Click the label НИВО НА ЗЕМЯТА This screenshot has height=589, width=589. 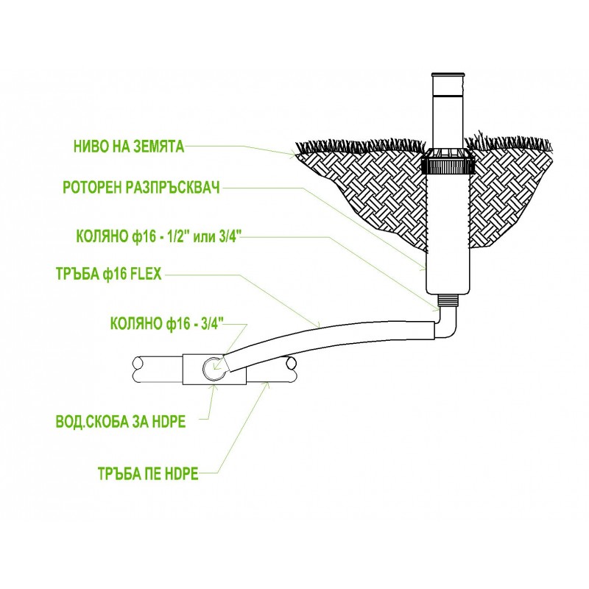[129, 147]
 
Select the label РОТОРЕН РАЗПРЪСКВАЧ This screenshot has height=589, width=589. [141, 188]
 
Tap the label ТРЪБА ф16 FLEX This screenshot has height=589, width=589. [108, 274]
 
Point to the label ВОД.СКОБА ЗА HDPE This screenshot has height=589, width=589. [121, 422]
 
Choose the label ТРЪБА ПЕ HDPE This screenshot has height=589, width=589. [148, 473]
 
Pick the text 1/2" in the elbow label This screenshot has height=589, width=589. [177, 237]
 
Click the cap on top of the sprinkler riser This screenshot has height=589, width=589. [448, 75]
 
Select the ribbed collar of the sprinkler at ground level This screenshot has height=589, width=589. [448, 166]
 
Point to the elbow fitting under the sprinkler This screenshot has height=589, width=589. [445, 322]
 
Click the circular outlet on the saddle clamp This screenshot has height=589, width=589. [214, 367]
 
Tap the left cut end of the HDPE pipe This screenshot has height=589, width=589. [138, 370]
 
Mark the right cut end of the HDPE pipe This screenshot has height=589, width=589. [290, 369]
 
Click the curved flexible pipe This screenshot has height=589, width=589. [331, 340]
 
